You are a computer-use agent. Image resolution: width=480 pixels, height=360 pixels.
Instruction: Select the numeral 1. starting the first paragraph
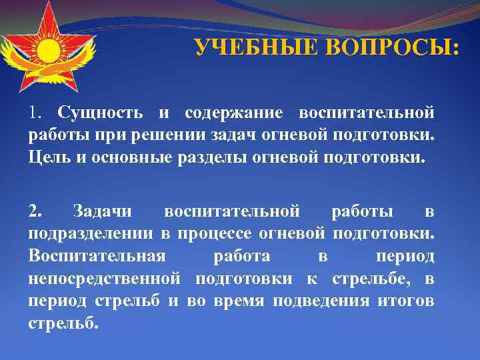[x=37, y=111]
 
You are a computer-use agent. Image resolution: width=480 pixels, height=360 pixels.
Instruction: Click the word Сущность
[x=102, y=111]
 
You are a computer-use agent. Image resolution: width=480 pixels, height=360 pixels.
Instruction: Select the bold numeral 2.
[x=35, y=212]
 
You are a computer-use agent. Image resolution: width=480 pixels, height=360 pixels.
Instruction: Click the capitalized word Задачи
[x=101, y=212]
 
